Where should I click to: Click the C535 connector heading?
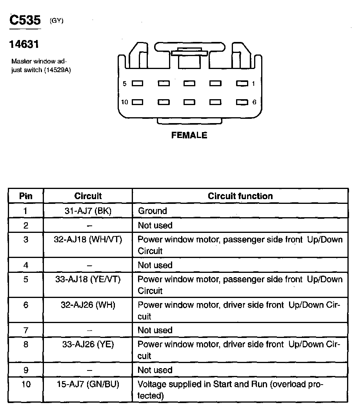[25, 20]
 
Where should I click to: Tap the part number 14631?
[24, 45]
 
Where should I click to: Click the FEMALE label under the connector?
[189, 135]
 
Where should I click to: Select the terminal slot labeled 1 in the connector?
[242, 84]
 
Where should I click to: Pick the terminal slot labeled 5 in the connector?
[137, 84]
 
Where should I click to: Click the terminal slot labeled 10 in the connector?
[137, 102]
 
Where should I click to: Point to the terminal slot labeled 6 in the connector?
[242, 102]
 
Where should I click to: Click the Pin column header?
[26, 196]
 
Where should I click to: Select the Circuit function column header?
[240, 196]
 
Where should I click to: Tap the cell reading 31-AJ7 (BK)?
[88, 211]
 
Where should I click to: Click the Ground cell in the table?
[152, 211]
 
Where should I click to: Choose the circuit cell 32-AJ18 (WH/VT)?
[88, 240]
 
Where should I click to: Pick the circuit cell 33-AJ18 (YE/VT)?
[88, 280]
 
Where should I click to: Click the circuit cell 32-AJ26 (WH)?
[88, 305]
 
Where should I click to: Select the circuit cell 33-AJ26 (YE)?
[88, 345]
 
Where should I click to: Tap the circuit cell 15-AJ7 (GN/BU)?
[88, 385]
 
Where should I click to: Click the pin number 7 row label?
[26, 330]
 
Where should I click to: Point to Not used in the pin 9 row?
[155, 370]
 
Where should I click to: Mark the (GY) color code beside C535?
[56, 21]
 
